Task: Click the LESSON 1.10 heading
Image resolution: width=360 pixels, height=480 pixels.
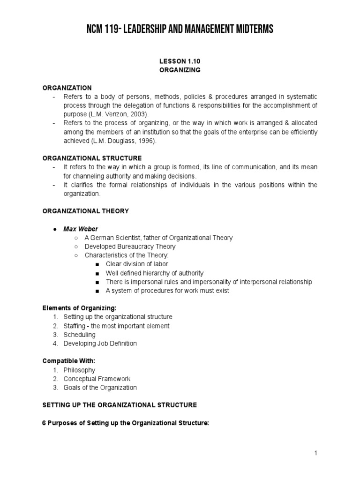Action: (180, 61)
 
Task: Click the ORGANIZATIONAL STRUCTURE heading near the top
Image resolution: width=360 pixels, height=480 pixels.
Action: (92, 158)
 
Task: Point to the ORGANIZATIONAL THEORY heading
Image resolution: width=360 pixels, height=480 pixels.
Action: (85, 211)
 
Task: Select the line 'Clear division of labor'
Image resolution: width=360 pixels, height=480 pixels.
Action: (137, 264)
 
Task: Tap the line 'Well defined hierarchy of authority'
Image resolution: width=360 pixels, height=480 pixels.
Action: (155, 273)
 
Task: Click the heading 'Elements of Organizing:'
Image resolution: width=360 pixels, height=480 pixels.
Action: (79, 308)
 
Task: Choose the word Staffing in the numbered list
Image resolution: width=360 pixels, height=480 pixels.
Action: (75, 326)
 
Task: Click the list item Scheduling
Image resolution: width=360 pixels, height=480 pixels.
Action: (79, 335)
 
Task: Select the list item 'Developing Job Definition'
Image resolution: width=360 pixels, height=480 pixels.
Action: (100, 344)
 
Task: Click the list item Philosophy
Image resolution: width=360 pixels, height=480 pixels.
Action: (79, 370)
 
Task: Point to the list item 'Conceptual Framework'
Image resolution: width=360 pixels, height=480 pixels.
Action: (97, 379)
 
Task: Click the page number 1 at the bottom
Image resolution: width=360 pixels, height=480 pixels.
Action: (316, 453)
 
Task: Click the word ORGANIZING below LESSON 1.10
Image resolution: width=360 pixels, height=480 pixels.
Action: (180, 70)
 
